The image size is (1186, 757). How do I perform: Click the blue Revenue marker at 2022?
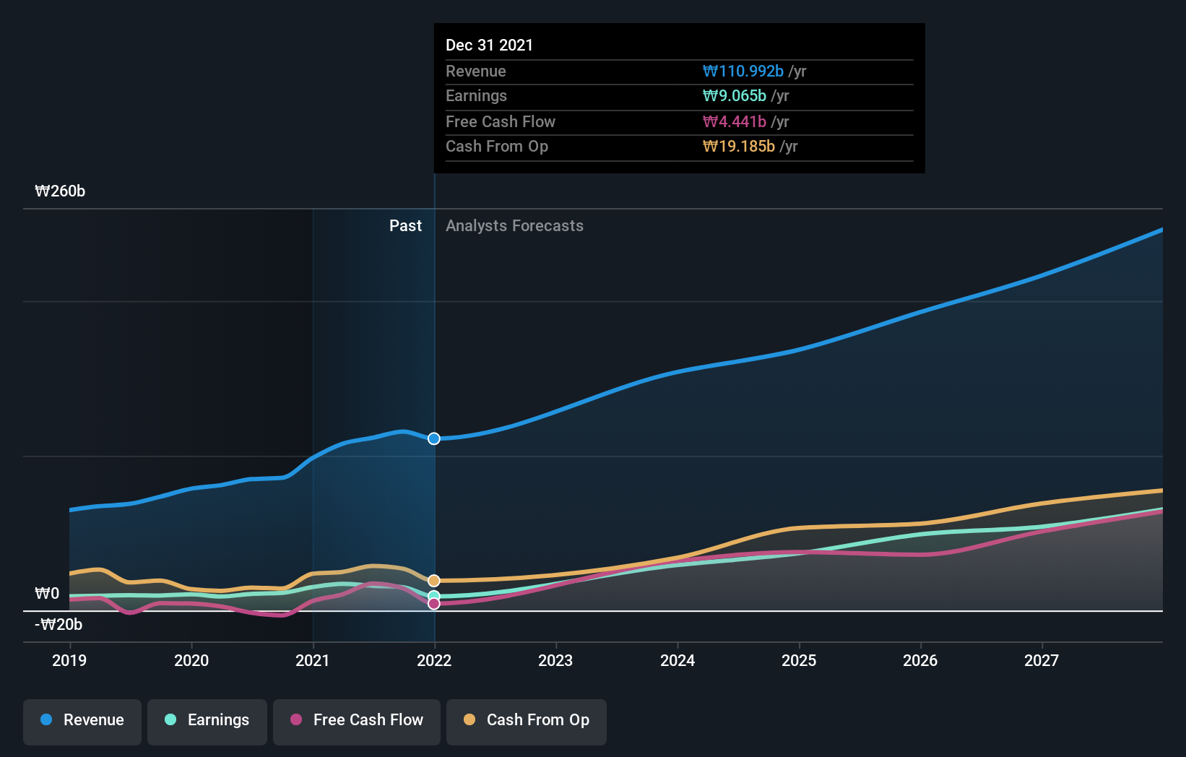click(x=434, y=438)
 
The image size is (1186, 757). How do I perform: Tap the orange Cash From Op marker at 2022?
click(x=434, y=581)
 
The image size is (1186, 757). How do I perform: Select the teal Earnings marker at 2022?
click(x=434, y=597)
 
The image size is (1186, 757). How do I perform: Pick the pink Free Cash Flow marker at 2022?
click(x=434, y=604)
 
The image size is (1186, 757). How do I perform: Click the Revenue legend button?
click(x=82, y=720)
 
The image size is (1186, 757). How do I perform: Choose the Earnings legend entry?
click(x=207, y=720)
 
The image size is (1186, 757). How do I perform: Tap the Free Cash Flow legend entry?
click(x=357, y=720)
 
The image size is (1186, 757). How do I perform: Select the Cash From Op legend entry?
click(x=527, y=720)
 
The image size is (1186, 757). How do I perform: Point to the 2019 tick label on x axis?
click(x=69, y=660)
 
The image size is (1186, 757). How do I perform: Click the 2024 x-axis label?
click(x=678, y=660)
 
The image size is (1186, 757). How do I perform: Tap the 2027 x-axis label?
click(x=1042, y=660)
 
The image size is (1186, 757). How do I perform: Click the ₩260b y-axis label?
click(x=60, y=191)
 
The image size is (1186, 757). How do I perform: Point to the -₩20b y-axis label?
click(x=59, y=625)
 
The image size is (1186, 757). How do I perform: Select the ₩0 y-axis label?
click(x=47, y=594)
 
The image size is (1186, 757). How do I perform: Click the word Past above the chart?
click(x=405, y=226)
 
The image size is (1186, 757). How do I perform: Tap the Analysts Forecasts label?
click(x=514, y=226)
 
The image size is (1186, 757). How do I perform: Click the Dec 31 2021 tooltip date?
click(x=489, y=46)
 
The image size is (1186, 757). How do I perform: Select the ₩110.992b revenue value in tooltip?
click(x=743, y=72)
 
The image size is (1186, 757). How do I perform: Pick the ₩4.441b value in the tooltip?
click(x=734, y=122)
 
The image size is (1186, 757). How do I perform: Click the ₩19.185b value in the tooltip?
click(x=738, y=147)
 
